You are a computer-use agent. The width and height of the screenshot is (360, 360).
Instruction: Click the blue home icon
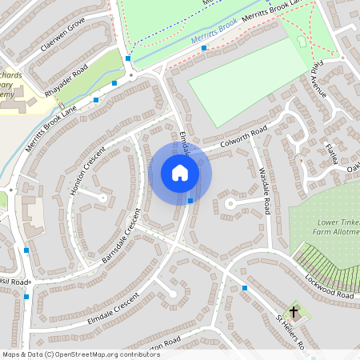pos(180,173)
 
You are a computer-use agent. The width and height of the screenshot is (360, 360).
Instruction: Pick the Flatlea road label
pos(332,152)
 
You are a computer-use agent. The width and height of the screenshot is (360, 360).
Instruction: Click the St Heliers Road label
pos(292,334)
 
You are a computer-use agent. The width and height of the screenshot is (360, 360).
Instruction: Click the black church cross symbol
pos(294,311)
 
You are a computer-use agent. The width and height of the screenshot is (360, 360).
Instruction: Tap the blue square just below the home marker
pos(190,200)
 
